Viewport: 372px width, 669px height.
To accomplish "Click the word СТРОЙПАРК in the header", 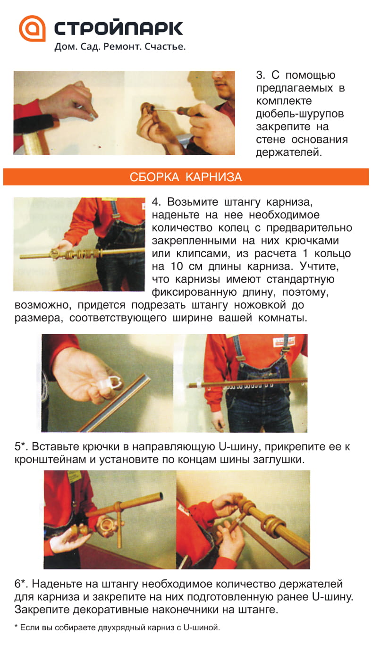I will click(x=118, y=28).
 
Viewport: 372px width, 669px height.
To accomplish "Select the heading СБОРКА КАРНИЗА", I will click(x=186, y=177).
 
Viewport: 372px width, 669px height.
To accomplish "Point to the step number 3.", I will click(x=261, y=75).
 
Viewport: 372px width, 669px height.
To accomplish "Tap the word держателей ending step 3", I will click(x=289, y=153).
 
